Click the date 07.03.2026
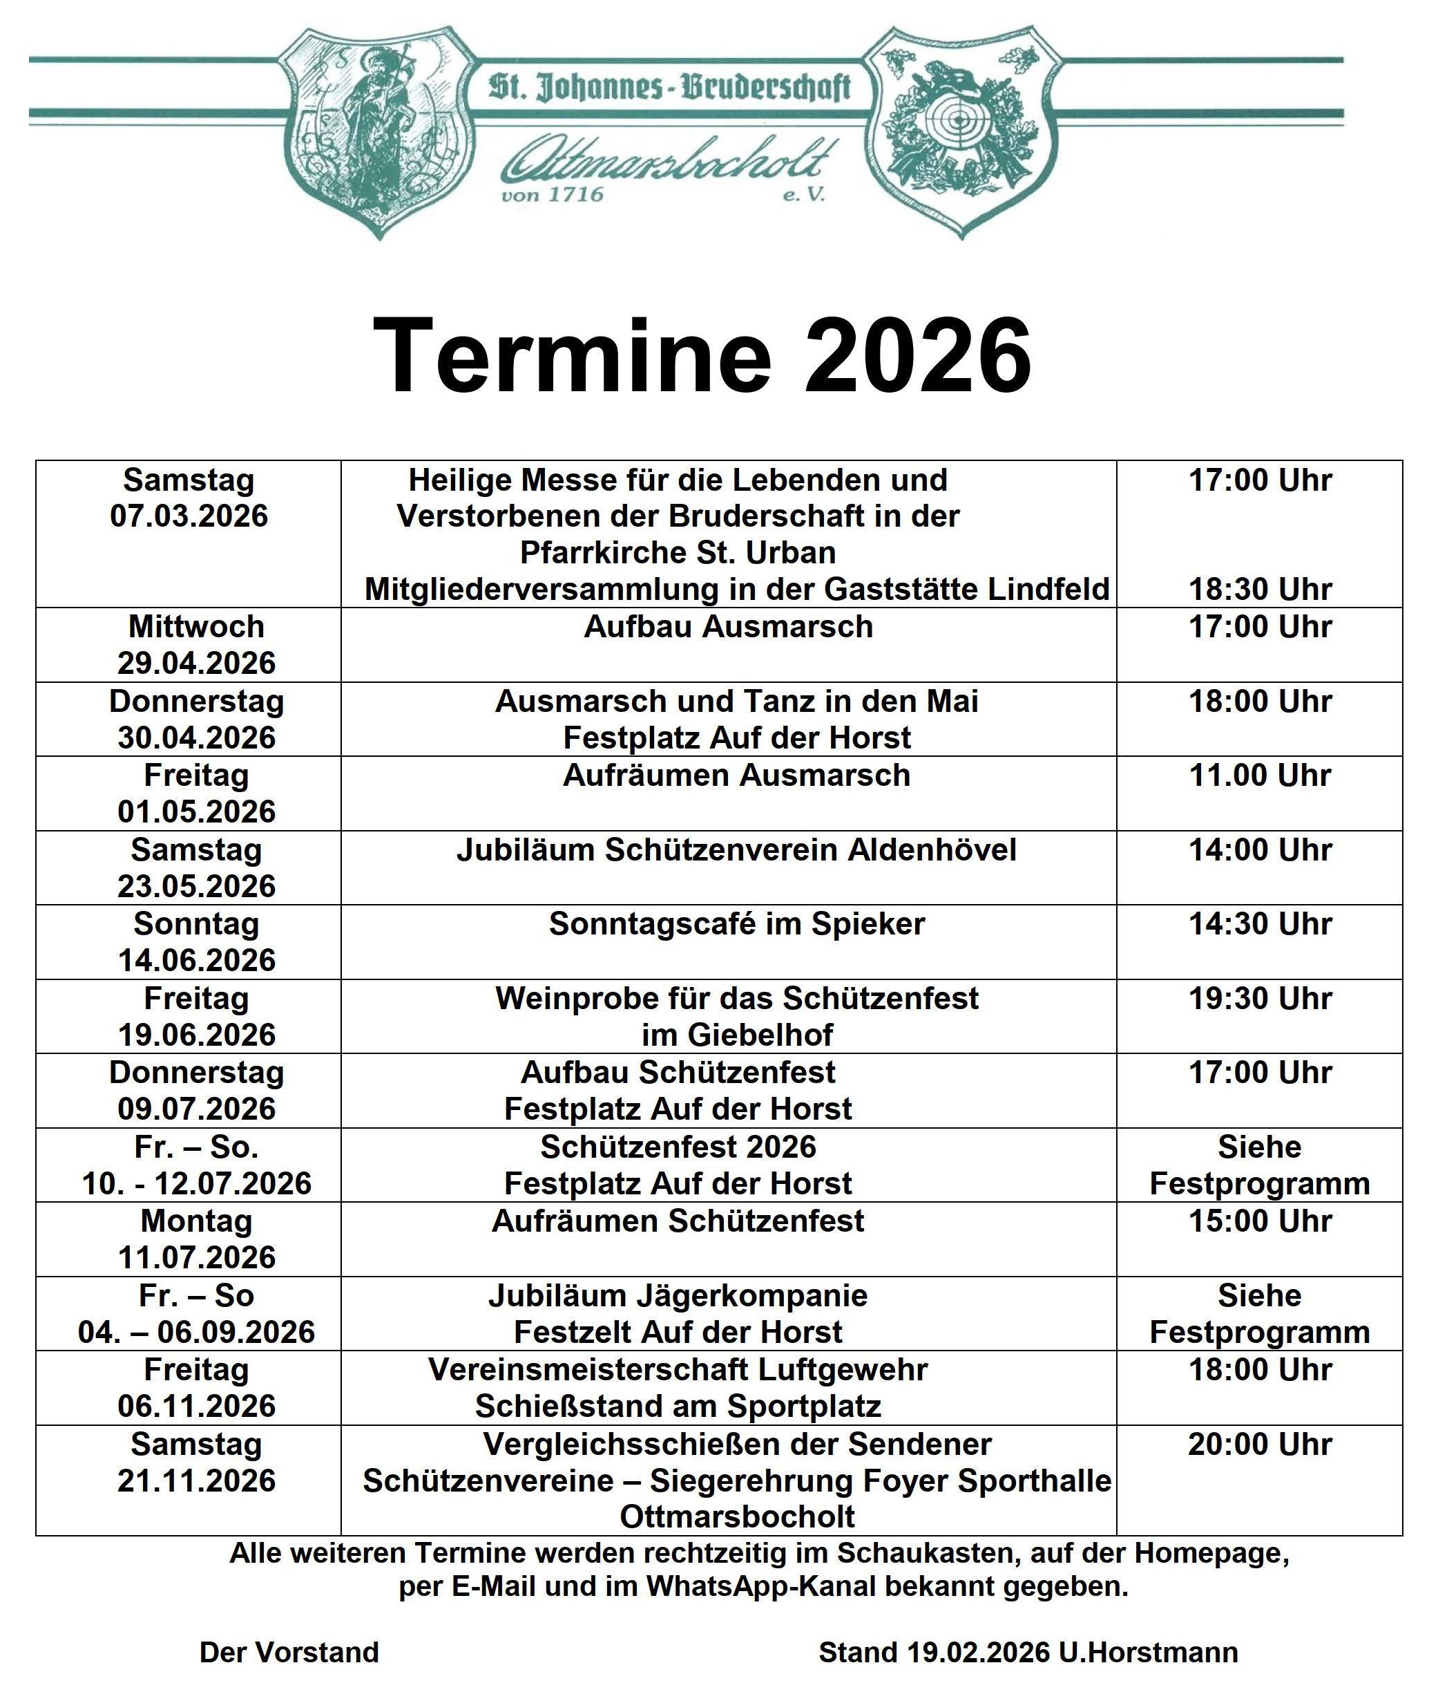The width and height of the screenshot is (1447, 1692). (x=189, y=516)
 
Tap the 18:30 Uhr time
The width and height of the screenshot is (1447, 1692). (x=1259, y=589)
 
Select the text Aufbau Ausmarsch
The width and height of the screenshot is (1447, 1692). (x=728, y=626)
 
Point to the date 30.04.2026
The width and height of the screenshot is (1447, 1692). (x=196, y=737)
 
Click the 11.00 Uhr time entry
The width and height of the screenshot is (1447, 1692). (x=1259, y=775)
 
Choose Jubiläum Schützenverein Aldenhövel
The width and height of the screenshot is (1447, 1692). (x=736, y=850)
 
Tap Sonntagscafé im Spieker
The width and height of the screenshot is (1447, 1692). (x=736, y=923)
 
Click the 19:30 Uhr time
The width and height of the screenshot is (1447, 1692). (x=1259, y=998)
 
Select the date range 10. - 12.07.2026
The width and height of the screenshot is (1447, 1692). (x=196, y=1183)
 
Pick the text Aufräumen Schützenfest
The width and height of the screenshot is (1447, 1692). (x=678, y=1221)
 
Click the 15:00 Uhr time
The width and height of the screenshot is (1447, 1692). (x=1259, y=1221)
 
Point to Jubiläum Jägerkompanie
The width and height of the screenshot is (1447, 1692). (x=678, y=1295)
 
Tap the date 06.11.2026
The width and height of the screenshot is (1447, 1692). (x=196, y=1405)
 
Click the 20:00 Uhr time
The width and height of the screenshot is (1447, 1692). (x=1259, y=1444)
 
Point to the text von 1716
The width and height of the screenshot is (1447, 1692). (x=553, y=194)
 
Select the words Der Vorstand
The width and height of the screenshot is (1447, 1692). (x=289, y=1652)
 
